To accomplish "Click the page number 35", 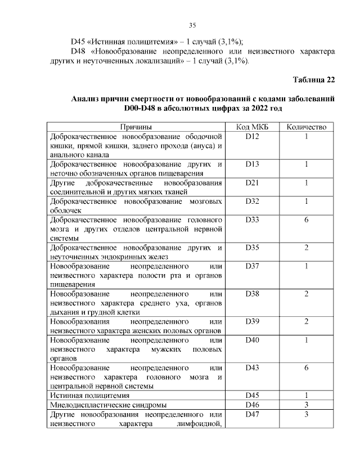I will [x=192, y=25].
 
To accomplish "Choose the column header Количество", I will [x=307, y=127].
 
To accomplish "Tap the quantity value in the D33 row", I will [x=307, y=219].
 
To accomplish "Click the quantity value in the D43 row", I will [x=307, y=367].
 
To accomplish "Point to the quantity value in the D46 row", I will [x=307, y=405].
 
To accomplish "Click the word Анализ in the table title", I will [x=88, y=98].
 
